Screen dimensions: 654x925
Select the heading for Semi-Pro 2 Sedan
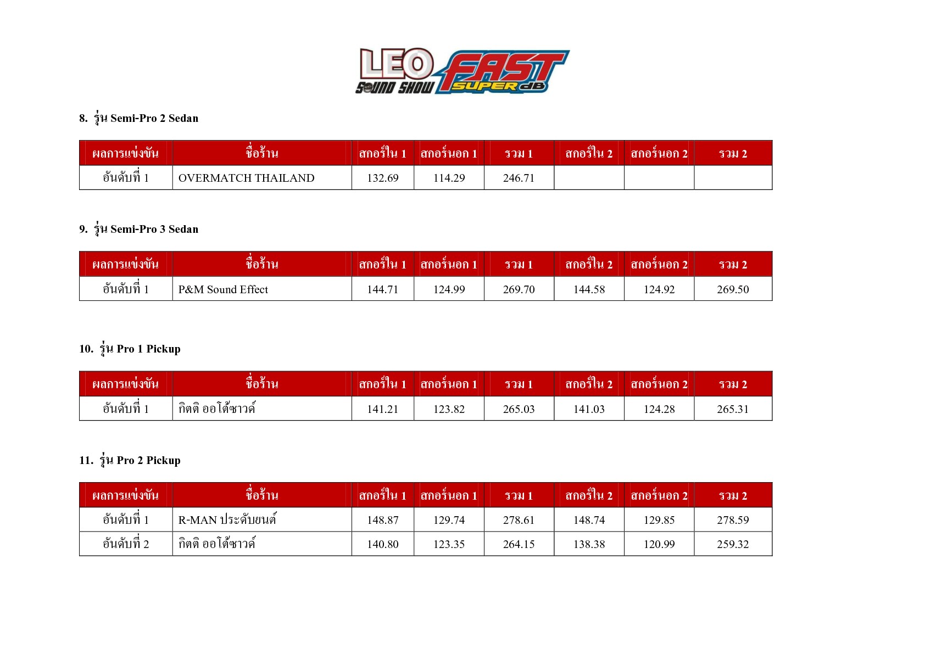[x=138, y=118]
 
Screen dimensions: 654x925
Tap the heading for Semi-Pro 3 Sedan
[x=138, y=229]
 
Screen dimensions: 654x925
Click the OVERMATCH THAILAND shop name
[x=246, y=178]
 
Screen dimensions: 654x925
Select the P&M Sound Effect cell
[x=223, y=289]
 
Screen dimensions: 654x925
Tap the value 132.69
[x=382, y=178]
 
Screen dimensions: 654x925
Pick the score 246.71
[x=519, y=178]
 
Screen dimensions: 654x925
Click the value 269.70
[x=519, y=289]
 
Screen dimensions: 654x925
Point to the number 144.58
[x=589, y=289]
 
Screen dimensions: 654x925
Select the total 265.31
[x=733, y=409]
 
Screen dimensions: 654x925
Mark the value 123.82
[x=449, y=409]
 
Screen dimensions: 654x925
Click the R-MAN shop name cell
[x=227, y=520]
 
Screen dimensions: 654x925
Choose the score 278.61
[x=519, y=520]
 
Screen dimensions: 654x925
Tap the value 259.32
[x=733, y=544]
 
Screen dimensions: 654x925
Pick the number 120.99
[x=659, y=544]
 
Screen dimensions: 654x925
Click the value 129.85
[x=659, y=520]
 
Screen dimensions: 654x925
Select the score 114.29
[x=449, y=178]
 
